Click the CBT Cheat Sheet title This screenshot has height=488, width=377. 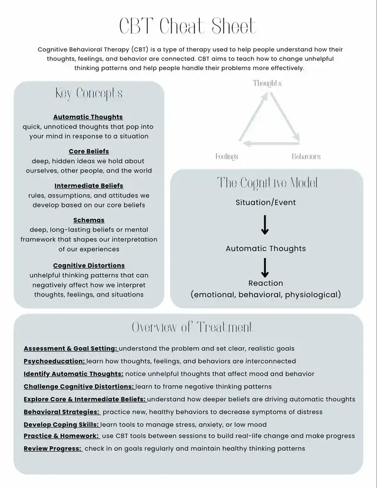click(x=188, y=27)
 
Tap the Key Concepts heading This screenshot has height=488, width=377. click(x=89, y=93)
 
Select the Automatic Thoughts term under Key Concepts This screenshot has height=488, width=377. click(x=88, y=117)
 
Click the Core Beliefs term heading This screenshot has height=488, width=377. click(x=89, y=151)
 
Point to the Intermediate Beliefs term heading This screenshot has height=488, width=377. click(x=89, y=186)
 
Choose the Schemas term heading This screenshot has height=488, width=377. click(x=89, y=220)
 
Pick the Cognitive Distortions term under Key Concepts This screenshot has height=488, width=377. click(x=89, y=266)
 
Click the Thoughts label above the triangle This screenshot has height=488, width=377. click(x=267, y=83)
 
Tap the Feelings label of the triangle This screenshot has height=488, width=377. click(x=227, y=157)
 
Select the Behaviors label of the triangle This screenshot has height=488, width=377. click(x=306, y=157)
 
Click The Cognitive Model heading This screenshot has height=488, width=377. click(x=267, y=183)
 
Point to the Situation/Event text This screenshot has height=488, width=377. click(x=266, y=203)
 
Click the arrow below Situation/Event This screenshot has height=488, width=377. click(x=265, y=225)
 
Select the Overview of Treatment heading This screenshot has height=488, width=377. click(x=192, y=327)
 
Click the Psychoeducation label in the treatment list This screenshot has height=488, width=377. click(x=54, y=361)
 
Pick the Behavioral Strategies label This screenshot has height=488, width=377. click(x=61, y=412)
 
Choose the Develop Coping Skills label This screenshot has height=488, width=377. click(x=61, y=424)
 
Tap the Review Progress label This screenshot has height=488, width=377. click(x=52, y=449)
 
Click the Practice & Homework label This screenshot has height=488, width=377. click(x=61, y=436)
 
